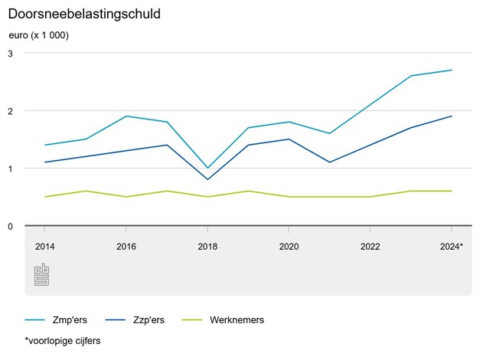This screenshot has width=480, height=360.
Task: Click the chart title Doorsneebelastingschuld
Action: click(x=84, y=14)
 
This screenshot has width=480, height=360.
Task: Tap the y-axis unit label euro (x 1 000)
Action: click(x=38, y=35)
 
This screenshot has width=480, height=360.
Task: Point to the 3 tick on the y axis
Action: click(x=11, y=54)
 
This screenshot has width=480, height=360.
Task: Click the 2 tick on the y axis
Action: click(x=11, y=111)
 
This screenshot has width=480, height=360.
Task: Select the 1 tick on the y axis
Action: click(x=11, y=169)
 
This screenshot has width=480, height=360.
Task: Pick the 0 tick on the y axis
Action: click(x=11, y=226)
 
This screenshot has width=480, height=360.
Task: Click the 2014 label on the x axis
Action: click(x=45, y=247)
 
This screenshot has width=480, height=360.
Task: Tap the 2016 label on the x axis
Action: click(x=126, y=247)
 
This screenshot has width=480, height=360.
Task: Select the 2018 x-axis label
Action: click(x=207, y=247)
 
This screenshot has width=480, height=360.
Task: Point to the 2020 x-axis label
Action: click(x=289, y=247)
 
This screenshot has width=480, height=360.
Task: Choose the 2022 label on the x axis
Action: click(x=370, y=247)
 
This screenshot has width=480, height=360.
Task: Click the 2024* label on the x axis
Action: click(x=450, y=247)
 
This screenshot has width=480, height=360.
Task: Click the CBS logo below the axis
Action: click(x=41, y=275)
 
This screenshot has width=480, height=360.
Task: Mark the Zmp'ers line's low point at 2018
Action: click(x=207, y=168)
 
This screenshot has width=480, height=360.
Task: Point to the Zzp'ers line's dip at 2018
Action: click(x=207, y=179)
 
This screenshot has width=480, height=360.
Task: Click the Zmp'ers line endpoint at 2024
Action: click(x=451, y=70)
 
